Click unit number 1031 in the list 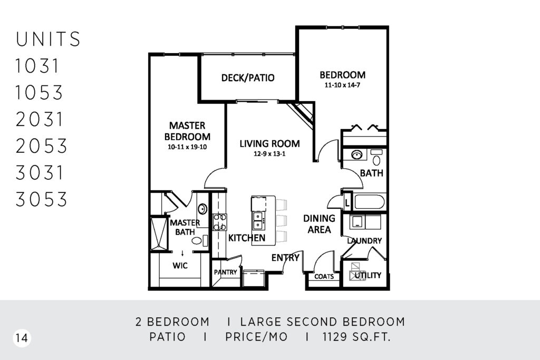(x=37, y=66)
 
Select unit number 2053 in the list (x=41, y=146)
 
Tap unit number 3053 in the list (x=41, y=199)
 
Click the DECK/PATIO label (x=248, y=78)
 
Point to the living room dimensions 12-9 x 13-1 (x=269, y=154)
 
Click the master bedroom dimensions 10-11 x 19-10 (x=187, y=147)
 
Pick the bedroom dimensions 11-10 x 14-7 (x=342, y=85)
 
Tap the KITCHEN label (x=247, y=238)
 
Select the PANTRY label (x=225, y=272)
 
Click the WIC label (x=180, y=265)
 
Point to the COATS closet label (x=324, y=276)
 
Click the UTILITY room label (x=368, y=275)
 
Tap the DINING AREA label (x=319, y=223)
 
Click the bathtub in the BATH (x=369, y=202)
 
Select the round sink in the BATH (x=357, y=155)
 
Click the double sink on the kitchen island (x=257, y=221)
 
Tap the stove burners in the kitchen (x=219, y=222)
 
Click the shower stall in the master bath (x=159, y=233)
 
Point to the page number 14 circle (x=22, y=338)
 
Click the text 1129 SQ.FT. (x=357, y=337)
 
